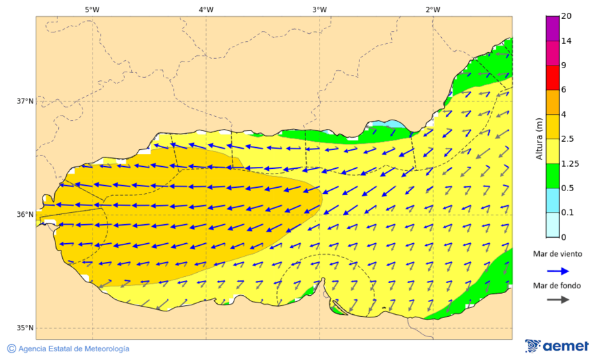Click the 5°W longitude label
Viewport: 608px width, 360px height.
click(x=93, y=9)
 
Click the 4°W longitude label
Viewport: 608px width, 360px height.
click(x=206, y=9)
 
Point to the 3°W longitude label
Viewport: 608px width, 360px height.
click(x=320, y=9)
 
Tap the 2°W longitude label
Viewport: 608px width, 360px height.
click(x=433, y=9)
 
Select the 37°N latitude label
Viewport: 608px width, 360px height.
click(x=25, y=101)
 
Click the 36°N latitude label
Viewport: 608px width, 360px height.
click(x=25, y=215)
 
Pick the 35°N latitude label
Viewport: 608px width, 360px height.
click(x=25, y=328)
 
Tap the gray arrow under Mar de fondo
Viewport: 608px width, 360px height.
click(x=557, y=300)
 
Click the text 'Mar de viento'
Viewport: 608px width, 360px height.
click(x=557, y=254)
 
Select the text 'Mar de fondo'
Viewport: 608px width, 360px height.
click(x=557, y=286)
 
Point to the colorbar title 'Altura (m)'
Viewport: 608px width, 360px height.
click(x=539, y=138)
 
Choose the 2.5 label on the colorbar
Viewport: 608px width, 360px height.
click(x=568, y=139)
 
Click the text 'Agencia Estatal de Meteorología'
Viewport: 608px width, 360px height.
click(x=74, y=349)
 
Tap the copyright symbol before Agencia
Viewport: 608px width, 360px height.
click(x=11, y=349)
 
